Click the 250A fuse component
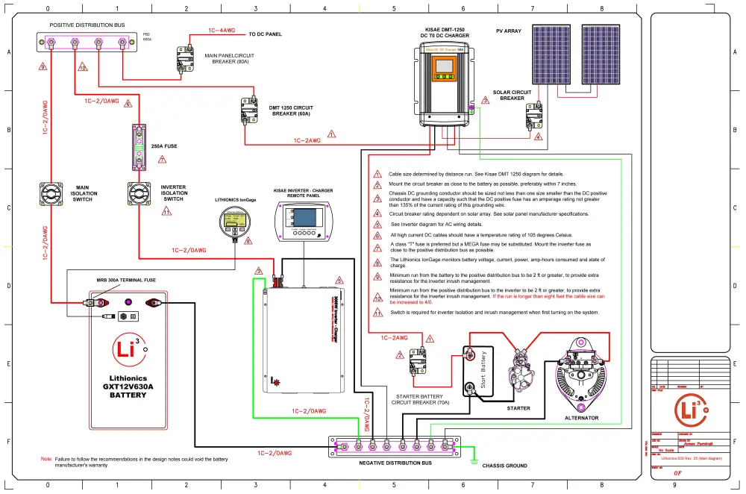(x=140, y=147)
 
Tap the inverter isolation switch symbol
(x=140, y=193)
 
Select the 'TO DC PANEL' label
(x=265, y=34)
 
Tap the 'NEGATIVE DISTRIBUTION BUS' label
(x=395, y=463)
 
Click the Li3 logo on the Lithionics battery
(x=125, y=348)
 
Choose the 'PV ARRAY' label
(x=510, y=31)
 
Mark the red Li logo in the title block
(x=686, y=407)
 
